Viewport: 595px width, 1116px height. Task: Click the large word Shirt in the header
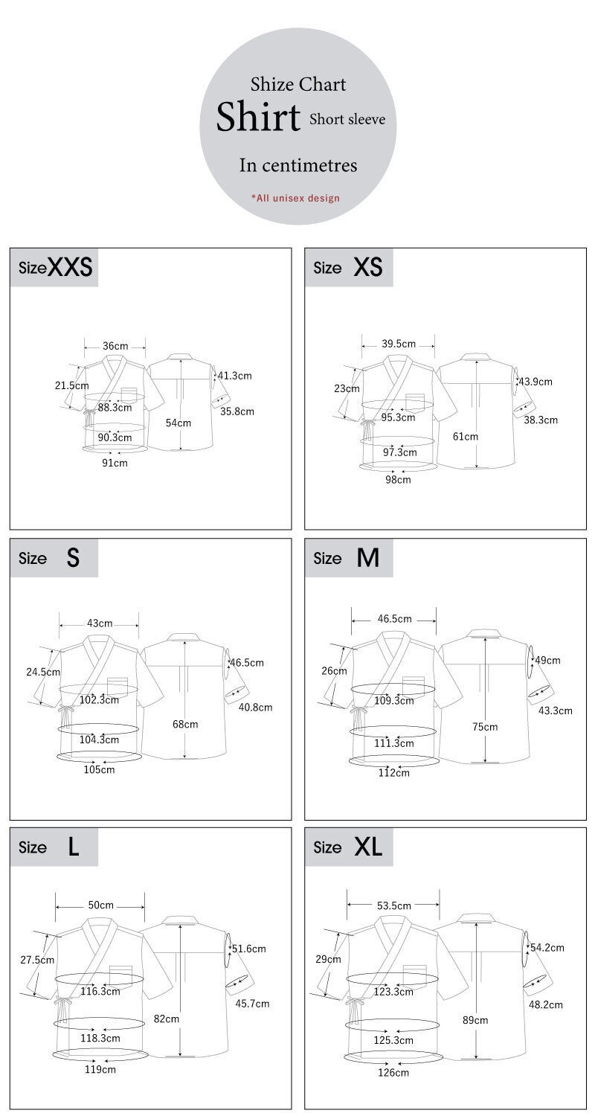tap(258, 118)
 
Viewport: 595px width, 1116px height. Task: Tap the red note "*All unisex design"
tap(295, 198)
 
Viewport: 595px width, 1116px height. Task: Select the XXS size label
tap(56, 268)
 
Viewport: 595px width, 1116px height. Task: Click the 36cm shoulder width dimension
tap(115, 346)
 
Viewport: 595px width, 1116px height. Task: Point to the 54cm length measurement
tap(178, 423)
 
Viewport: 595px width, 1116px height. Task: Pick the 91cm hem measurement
tap(115, 463)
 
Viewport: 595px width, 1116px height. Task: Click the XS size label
tap(349, 268)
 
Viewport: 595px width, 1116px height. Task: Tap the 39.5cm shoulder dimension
tap(399, 344)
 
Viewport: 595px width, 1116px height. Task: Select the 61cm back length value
tap(466, 436)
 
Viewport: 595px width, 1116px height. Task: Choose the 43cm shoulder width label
tap(100, 623)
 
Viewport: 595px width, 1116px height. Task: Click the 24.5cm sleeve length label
tap(42, 671)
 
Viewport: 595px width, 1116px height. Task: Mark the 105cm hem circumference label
tap(99, 769)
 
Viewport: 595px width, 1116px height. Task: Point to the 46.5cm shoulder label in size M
tap(394, 618)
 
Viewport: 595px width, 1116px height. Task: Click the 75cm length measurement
tap(485, 726)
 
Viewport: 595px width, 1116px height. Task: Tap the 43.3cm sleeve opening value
tap(556, 711)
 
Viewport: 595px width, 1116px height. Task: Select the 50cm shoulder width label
tap(100, 905)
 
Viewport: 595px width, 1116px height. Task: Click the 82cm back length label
tap(167, 1019)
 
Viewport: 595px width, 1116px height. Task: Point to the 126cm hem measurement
tap(393, 1072)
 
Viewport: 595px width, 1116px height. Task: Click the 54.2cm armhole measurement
tap(547, 947)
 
